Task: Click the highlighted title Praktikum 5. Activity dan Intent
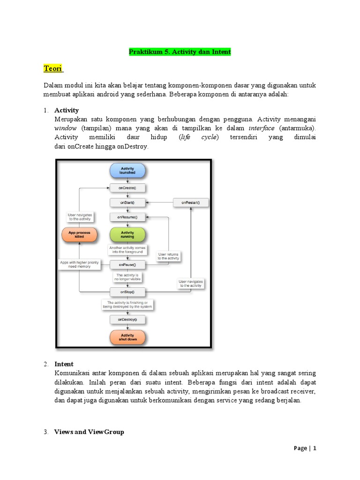[x=180, y=52]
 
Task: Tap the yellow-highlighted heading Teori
[x=53, y=69]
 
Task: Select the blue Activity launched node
[x=127, y=170]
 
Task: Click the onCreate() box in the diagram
[x=127, y=187]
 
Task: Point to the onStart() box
[x=127, y=202]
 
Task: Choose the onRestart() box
[x=191, y=202]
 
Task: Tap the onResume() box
[x=127, y=217]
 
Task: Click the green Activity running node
[x=127, y=234]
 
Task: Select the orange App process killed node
[x=79, y=234]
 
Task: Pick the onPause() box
[x=127, y=265]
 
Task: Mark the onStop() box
[x=127, y=292]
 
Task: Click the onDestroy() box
[x=127, y=319]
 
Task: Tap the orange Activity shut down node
[x=127, y=337]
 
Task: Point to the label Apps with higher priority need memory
[x=79, y=265]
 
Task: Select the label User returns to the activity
[x=168, y=256]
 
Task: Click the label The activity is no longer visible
[x=127, y=277]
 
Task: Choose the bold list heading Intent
[x=64, y=364]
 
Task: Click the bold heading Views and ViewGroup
[x=89, y=432]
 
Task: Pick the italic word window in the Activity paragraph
[x=65, y=128]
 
